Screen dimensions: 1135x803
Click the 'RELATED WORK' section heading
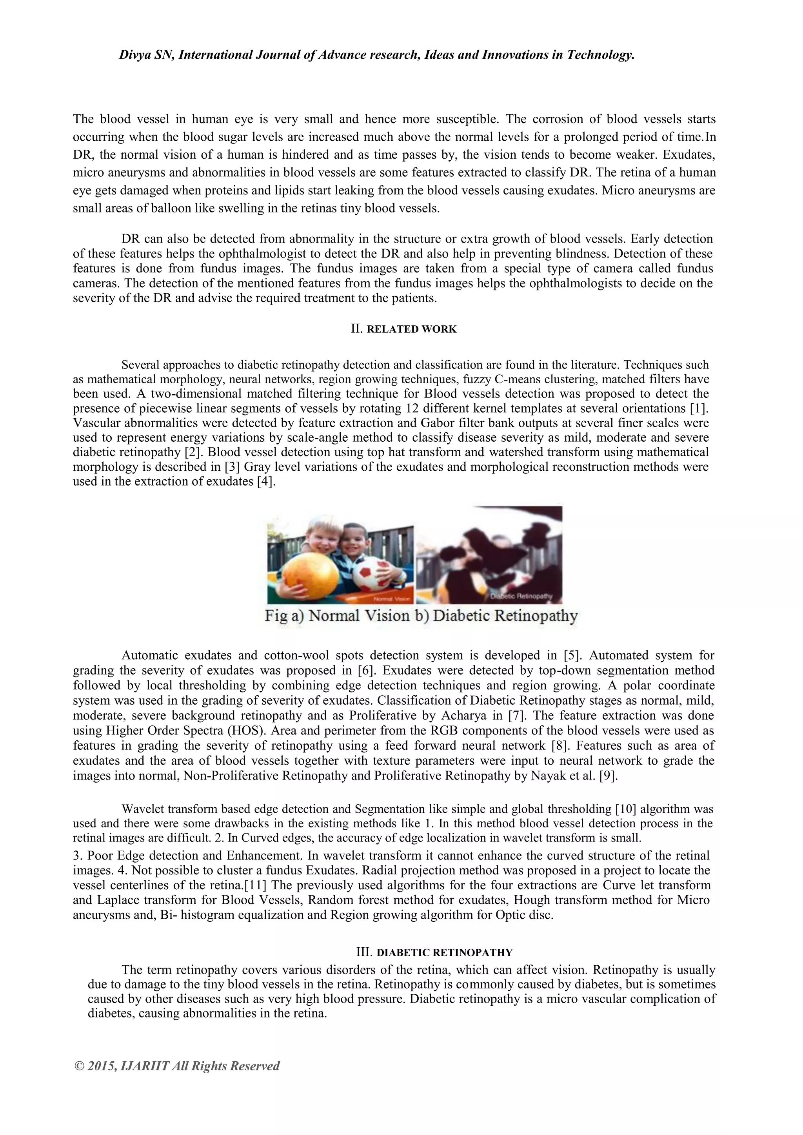pos(412,329)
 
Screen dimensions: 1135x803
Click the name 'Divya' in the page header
pos(136,55)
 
